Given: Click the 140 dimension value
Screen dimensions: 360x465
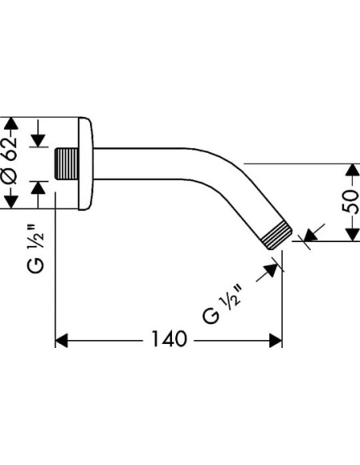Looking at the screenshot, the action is tap(170, 338).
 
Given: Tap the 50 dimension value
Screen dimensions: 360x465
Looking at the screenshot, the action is tap(350, 201).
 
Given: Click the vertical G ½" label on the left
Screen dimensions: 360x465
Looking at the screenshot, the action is tap(36, 248).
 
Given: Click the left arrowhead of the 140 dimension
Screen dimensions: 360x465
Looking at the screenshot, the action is tap(61, 341).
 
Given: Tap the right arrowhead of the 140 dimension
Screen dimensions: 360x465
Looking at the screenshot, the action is tap(276, 341).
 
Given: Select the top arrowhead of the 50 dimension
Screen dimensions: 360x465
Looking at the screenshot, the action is tap(353, 170).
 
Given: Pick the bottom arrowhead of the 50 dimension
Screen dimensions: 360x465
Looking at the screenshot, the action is tap(353, 234).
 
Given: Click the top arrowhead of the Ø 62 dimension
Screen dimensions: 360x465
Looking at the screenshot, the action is tap(11, 124).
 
